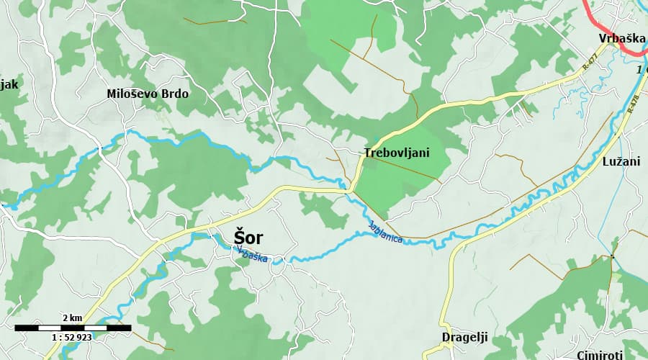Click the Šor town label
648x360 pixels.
pos(248,237)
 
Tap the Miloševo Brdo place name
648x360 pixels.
pos(147,94)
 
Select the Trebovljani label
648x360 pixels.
pos(396,153)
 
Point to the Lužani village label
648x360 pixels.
pos(621,162)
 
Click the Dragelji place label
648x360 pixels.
pos(464,337)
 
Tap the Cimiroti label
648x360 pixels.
pos(601,355)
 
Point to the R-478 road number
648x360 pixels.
pos(633,105)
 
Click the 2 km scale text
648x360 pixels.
pos(71,318)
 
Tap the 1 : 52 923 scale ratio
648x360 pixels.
pos(71,337)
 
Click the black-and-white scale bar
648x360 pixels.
pos(72,328)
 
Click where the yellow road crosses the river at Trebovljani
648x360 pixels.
pos(351,191)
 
